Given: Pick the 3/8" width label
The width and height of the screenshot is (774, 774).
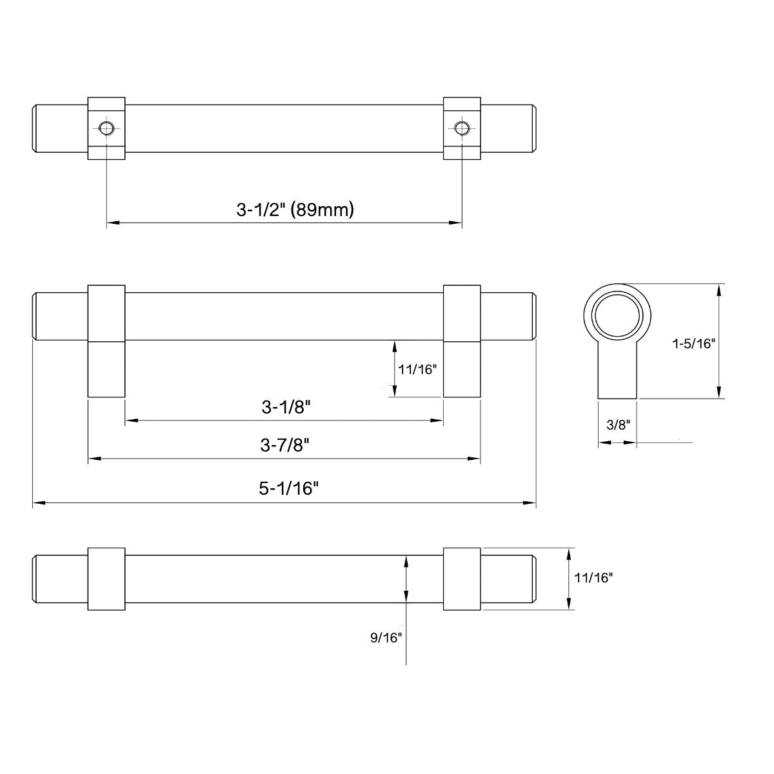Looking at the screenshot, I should tap(617, 424).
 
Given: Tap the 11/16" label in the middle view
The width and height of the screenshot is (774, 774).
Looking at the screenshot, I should tap(418, 370).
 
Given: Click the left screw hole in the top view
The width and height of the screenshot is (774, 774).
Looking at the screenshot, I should tap(106, 128).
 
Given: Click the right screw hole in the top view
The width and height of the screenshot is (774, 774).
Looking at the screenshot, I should tap(461, 128).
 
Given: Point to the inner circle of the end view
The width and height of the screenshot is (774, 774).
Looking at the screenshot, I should tap(618, 319).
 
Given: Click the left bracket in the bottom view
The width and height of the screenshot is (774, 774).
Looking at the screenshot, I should tap(106, 579).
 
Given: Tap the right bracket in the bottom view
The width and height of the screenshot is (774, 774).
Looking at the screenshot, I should tap(461, 579).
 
